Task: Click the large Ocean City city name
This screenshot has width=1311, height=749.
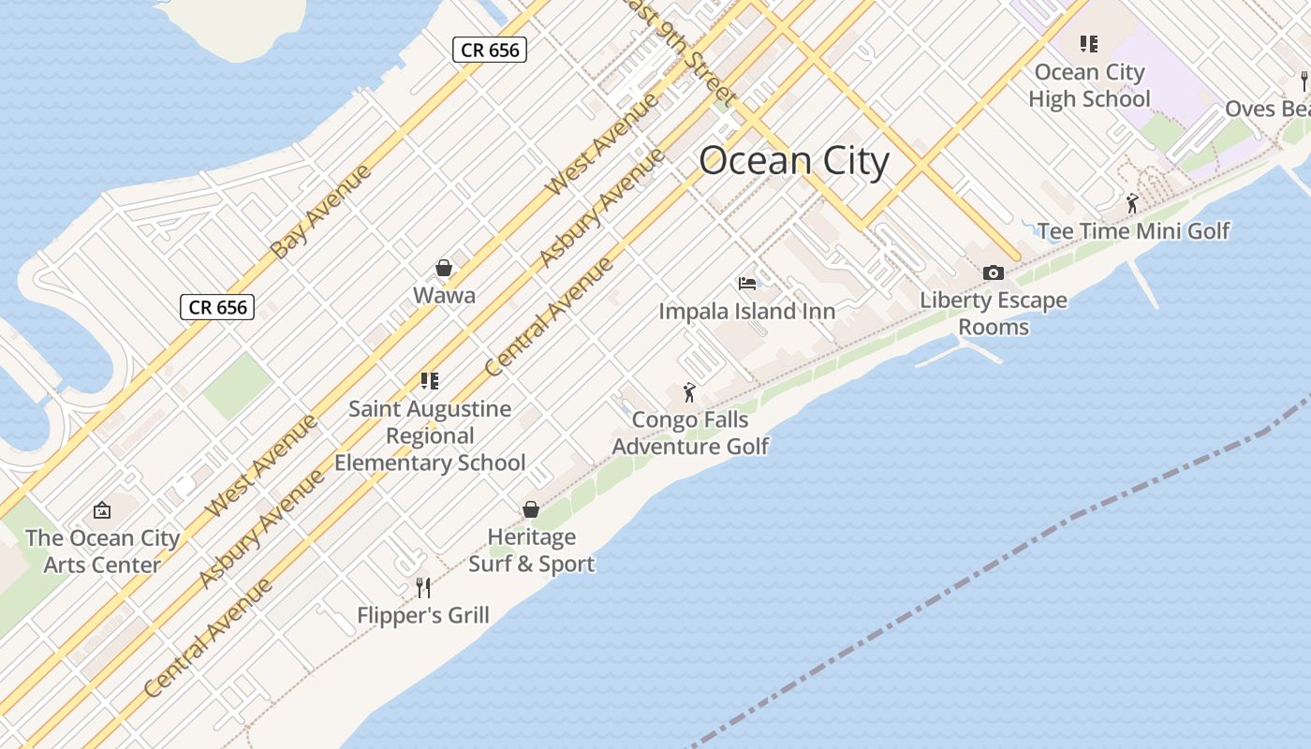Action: point(793,161)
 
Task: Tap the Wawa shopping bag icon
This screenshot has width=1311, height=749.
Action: point(444,269)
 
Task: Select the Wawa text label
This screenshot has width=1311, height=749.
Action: point(444,296)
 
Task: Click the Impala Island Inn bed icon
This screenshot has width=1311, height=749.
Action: point(746,283)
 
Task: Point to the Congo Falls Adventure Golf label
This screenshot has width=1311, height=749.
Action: point(690,433)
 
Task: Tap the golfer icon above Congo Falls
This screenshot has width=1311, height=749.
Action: point(690,392)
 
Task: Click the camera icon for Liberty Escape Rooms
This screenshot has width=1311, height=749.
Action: point(994,272)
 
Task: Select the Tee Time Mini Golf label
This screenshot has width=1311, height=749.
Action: point(1133,231)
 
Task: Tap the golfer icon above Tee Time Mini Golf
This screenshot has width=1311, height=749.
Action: point(1132,202)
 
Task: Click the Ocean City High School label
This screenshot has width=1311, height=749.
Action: point(1089,85)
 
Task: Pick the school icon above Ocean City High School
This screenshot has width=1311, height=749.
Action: point(1088,43)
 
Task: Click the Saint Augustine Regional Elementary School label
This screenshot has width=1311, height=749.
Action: point(430,435)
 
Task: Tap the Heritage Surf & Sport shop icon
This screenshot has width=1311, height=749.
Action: point(531,509)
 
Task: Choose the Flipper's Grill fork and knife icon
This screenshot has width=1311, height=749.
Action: point(423,587)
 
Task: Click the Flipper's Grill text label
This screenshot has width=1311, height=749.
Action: point(423,615)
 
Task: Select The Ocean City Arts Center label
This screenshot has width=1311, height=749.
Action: point(102,551)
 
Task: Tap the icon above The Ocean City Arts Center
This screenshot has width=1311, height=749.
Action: point(102,510)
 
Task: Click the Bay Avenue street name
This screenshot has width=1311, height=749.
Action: point(320,211)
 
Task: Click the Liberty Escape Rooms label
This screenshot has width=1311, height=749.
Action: point(994,314)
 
